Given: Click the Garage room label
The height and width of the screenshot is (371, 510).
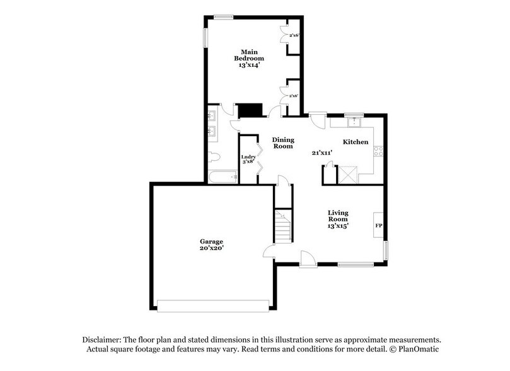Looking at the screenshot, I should pyautogui.click(x=212, y=241).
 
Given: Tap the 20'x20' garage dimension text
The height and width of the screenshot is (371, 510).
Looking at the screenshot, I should pyautogui.click(x=212, y=249).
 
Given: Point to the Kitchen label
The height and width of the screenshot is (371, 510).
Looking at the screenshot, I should pyautogui.click(x=356, y=143).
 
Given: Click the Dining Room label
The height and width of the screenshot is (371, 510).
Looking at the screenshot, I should pyautogui.click(x=283, y=143).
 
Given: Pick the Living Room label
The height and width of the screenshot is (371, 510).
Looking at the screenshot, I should pyautogui.click(x=338, y=216).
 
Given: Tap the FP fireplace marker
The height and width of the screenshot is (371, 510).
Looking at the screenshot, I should pyautogui.click(x=379, y=225).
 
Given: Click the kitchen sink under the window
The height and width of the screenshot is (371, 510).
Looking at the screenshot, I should pyautogui.click(x=354, y=122).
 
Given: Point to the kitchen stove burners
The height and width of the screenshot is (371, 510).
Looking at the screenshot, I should pyautogui.click(x=380, y=151).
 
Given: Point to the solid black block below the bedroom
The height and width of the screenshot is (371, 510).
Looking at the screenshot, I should pyautogui.click(x=252, y=110).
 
